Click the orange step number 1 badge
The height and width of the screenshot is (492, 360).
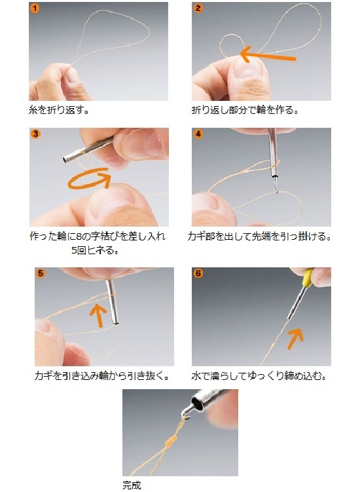pyautogui.click(x=35, y=8)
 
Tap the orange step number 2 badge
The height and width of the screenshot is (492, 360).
pyautogui.click(x=198, y=8)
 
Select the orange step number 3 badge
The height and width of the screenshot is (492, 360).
pyautogui.click(x=35, y=134)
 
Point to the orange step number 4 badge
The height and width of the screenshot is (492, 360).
pyautogui.click(x=198, y=134)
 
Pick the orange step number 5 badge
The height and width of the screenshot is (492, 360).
pyautogui.click(x=41, y=273)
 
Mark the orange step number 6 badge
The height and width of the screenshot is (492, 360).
pyautogui.click(x=198, y=273)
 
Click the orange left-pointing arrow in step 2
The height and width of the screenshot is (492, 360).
pyautogui.click(x=268, y=55)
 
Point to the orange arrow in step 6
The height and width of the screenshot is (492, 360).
pyautogui.click(x=295, y=339)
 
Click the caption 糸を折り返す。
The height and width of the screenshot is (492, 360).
pyautogui.click(x=58, y=110)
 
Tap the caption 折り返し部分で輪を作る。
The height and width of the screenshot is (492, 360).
pyautogui.click(x=245, y=110)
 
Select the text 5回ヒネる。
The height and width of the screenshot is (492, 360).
pyautogui.click(x=94, y=250)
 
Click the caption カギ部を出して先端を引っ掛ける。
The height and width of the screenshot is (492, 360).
pyautogui.click(x=259, y=237)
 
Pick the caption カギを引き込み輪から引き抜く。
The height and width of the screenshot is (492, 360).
pyautogui.click(x=102, y=375)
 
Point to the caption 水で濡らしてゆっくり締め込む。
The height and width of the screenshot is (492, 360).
pyautogui.click(x=259, y=375)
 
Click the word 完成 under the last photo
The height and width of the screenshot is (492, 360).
pyautogui.click(x=132, y=485)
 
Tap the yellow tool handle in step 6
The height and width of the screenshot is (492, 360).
pyautogui.click(x=308, y=278)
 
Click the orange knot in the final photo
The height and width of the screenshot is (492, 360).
pyautogui.click(x=170, y=442)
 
